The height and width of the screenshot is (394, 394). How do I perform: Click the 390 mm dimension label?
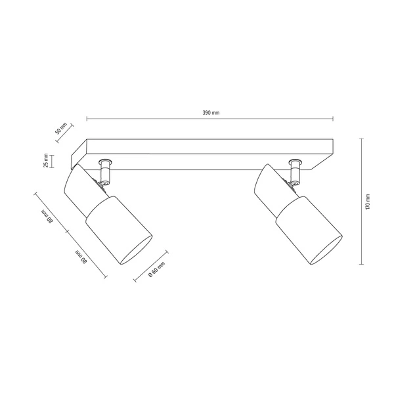(x=210, y=112)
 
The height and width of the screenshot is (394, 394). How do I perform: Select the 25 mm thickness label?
(x=47, y=161)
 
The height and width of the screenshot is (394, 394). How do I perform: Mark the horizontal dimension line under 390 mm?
(x=210, y=120)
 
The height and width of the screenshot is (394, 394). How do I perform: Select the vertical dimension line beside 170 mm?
(x=361, y=201)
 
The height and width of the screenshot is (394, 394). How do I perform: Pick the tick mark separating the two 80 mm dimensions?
(x=66, y=231)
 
